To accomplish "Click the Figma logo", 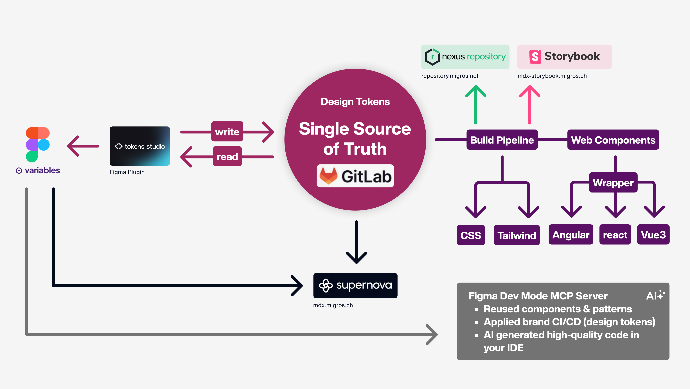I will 38,145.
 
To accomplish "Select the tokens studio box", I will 139,146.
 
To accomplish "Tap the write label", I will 227,132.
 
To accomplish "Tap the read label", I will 227,157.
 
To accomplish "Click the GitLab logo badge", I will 355,176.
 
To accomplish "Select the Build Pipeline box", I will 502,140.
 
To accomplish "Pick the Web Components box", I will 613,140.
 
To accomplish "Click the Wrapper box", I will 613,183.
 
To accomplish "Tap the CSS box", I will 471,235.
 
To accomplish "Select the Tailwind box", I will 517,235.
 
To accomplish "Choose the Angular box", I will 571,235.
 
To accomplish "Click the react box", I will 615,235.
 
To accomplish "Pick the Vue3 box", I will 653,235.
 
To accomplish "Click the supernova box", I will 355,285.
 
